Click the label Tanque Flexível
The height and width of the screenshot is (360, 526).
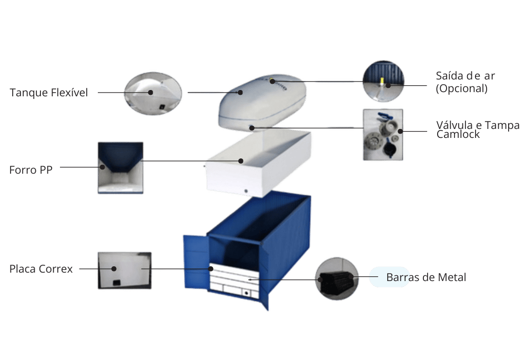click(48, 93)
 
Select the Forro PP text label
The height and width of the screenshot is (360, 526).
click(31, 170)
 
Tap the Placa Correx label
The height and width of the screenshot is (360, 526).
click(41, 269)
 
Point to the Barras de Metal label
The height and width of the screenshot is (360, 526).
click(426, 277)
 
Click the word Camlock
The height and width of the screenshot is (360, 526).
click(459, 135)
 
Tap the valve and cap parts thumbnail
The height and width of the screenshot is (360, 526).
click(383, 134)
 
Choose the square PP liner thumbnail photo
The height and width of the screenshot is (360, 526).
click(120, 167)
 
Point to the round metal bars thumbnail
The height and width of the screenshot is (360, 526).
click(337, 279)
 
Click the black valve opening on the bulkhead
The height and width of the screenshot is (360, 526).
click(246, 292)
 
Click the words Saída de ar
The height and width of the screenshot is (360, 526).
click(466, 76)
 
